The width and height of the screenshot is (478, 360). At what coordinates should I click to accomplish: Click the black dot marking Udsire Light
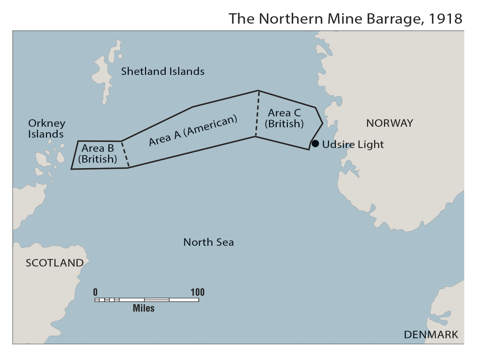pos(315,144)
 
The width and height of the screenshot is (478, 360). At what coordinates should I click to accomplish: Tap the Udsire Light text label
pos(353,144)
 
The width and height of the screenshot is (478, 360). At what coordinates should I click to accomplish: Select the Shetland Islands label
pos(163,71)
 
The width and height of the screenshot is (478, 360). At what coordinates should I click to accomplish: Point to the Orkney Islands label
pos(46,129)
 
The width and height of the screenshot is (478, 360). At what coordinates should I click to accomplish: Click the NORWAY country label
pos(390,123)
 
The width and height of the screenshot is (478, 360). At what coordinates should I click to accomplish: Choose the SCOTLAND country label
pos(55,263)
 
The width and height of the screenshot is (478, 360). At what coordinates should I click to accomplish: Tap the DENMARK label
pos(431,334)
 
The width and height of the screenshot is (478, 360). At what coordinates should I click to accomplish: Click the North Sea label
pos(208,242)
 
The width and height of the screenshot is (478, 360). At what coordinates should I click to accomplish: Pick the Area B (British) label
pos(98,154)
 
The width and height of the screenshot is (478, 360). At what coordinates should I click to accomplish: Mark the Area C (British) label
pos(284,118)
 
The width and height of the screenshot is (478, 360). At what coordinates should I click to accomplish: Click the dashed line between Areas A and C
pos(257,114)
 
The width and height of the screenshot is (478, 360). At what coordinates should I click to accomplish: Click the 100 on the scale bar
pos(197,292)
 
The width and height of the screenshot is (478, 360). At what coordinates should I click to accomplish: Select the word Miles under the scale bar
pos(143,309)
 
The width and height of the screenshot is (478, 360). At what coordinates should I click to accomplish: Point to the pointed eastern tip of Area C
pos(322,123)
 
